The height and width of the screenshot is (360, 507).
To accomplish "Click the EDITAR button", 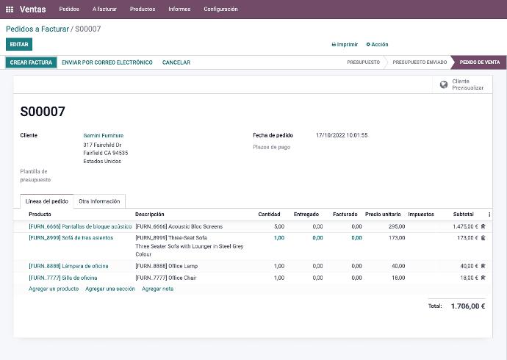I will (x=19, y=45).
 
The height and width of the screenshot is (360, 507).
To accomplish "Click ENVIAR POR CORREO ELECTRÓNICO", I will (x=107, y=62).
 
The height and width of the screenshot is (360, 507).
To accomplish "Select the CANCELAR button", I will (x=176, y=62).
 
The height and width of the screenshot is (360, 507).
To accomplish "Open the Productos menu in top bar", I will (x=143, y=10).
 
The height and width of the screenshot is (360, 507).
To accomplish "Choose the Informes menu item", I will (x=179, y=10).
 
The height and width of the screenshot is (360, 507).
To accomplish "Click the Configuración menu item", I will (x=220, y=10).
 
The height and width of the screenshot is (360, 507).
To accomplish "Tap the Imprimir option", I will (x=345, y=45).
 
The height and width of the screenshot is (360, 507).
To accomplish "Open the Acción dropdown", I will (x=378, y=45).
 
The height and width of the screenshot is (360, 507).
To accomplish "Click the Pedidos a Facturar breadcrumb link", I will (x=37, y=29).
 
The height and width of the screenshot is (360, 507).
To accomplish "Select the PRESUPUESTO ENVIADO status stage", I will (x=419, y=62).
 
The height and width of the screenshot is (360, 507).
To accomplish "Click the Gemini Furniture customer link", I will (x=104, y=135).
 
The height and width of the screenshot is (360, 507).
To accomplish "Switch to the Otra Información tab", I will (x=99, y=201).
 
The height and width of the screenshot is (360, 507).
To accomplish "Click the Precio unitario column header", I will (x=383, y=215).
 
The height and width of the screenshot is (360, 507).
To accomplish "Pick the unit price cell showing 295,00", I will (x=397, y=227).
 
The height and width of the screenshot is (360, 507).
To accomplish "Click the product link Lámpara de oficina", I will (x=68, y=266).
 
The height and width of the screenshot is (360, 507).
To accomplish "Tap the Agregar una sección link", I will (x=110, y=289).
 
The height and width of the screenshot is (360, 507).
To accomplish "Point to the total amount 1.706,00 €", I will (x=467, y=306).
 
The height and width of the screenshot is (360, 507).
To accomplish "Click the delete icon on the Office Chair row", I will (x=483, y=278).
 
